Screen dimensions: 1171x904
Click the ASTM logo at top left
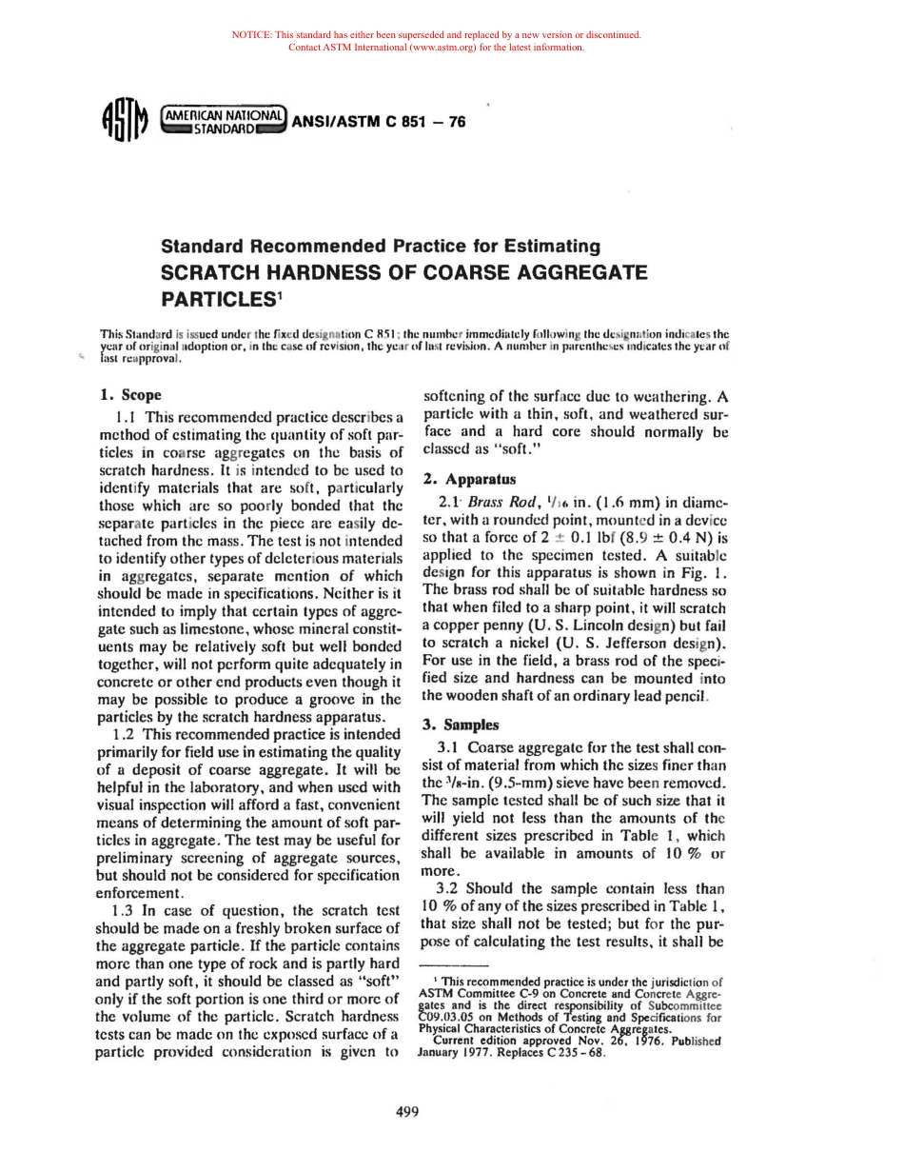[125, 122]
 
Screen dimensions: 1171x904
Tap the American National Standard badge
[225, 121]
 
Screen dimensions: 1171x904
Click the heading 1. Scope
[130, 395]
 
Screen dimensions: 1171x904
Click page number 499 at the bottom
[408, 1111]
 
